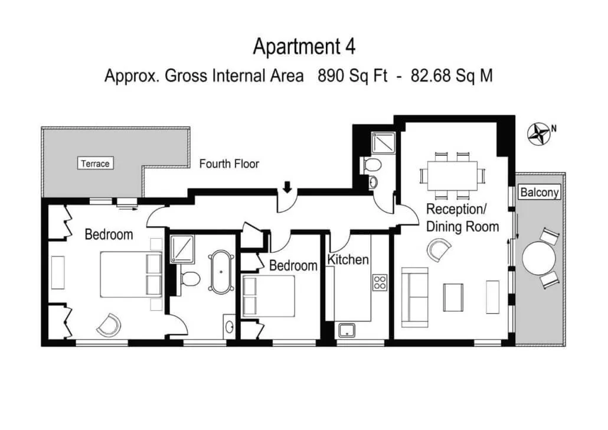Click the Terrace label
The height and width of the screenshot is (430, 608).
coord(96,164)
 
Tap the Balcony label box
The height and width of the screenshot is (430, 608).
coord(540,192)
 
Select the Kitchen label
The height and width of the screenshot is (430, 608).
coord(348,259)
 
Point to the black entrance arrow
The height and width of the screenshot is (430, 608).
coord(287,187)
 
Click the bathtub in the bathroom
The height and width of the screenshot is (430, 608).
coord(221,272)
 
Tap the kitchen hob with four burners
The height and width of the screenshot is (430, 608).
coord(380,282)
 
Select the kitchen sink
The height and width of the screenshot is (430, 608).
coord(347,330)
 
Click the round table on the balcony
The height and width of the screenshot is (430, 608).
coord(539,258)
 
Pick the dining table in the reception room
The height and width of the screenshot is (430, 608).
coord(453,175)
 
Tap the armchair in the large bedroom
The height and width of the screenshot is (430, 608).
coord(109,325)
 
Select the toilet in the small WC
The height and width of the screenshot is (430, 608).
coord(371,165)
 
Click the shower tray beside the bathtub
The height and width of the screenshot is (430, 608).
coord(182,249)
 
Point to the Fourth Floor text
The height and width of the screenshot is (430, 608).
coord(229,164)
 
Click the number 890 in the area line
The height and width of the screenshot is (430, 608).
coord(331,75)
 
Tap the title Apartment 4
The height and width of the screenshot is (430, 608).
coord(304,47)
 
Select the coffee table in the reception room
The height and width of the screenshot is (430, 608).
coord(453,298)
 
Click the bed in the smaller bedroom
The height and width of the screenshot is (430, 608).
coord(269,297)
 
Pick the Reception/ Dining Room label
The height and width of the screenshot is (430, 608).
coord(462,218)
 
